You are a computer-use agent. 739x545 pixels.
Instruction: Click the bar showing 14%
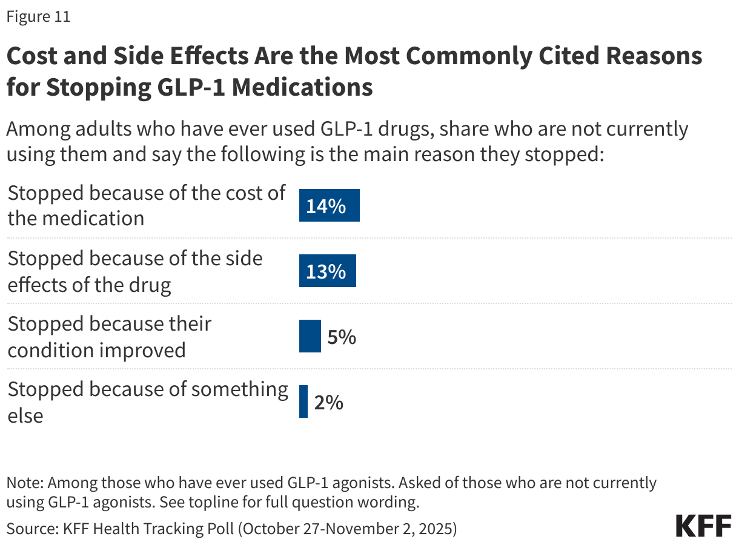[x=329, y=205]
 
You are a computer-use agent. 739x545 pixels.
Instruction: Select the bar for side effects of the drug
[x=327, y=271]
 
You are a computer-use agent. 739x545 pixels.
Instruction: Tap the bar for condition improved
[x=310, y=336]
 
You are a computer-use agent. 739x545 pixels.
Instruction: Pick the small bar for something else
[x=303, y=401]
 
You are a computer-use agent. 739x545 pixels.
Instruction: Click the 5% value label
[x=341, y=336]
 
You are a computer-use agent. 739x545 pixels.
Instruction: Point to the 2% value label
[x=328, y=401]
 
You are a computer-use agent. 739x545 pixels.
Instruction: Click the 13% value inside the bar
[x=326, y=271]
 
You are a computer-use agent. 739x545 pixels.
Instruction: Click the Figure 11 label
[x=38, y=16]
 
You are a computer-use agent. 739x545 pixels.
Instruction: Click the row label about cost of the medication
[x=145, y=205]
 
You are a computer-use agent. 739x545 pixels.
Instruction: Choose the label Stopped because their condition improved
[x=109, y=336]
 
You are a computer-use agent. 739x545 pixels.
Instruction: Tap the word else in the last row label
[x=25, y=415]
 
